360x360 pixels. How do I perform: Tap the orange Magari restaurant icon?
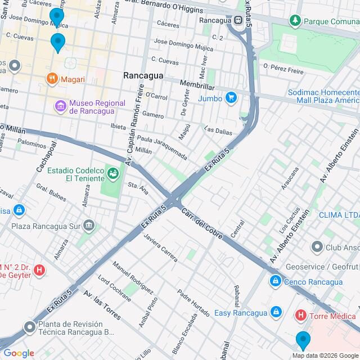[52, 78]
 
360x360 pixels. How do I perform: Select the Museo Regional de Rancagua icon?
[60, 105]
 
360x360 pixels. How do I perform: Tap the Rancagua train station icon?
[239, 21]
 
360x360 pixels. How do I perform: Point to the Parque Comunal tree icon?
[295, 21]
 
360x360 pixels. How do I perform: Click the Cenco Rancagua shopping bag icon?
[275, 282]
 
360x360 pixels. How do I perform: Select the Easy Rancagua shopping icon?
[275, 311]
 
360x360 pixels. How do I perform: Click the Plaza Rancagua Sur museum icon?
[89, 226]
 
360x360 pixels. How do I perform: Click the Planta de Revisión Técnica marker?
[29, 327]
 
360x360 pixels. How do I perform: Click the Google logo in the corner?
[18, 353]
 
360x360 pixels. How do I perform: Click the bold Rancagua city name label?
[143, 75]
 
